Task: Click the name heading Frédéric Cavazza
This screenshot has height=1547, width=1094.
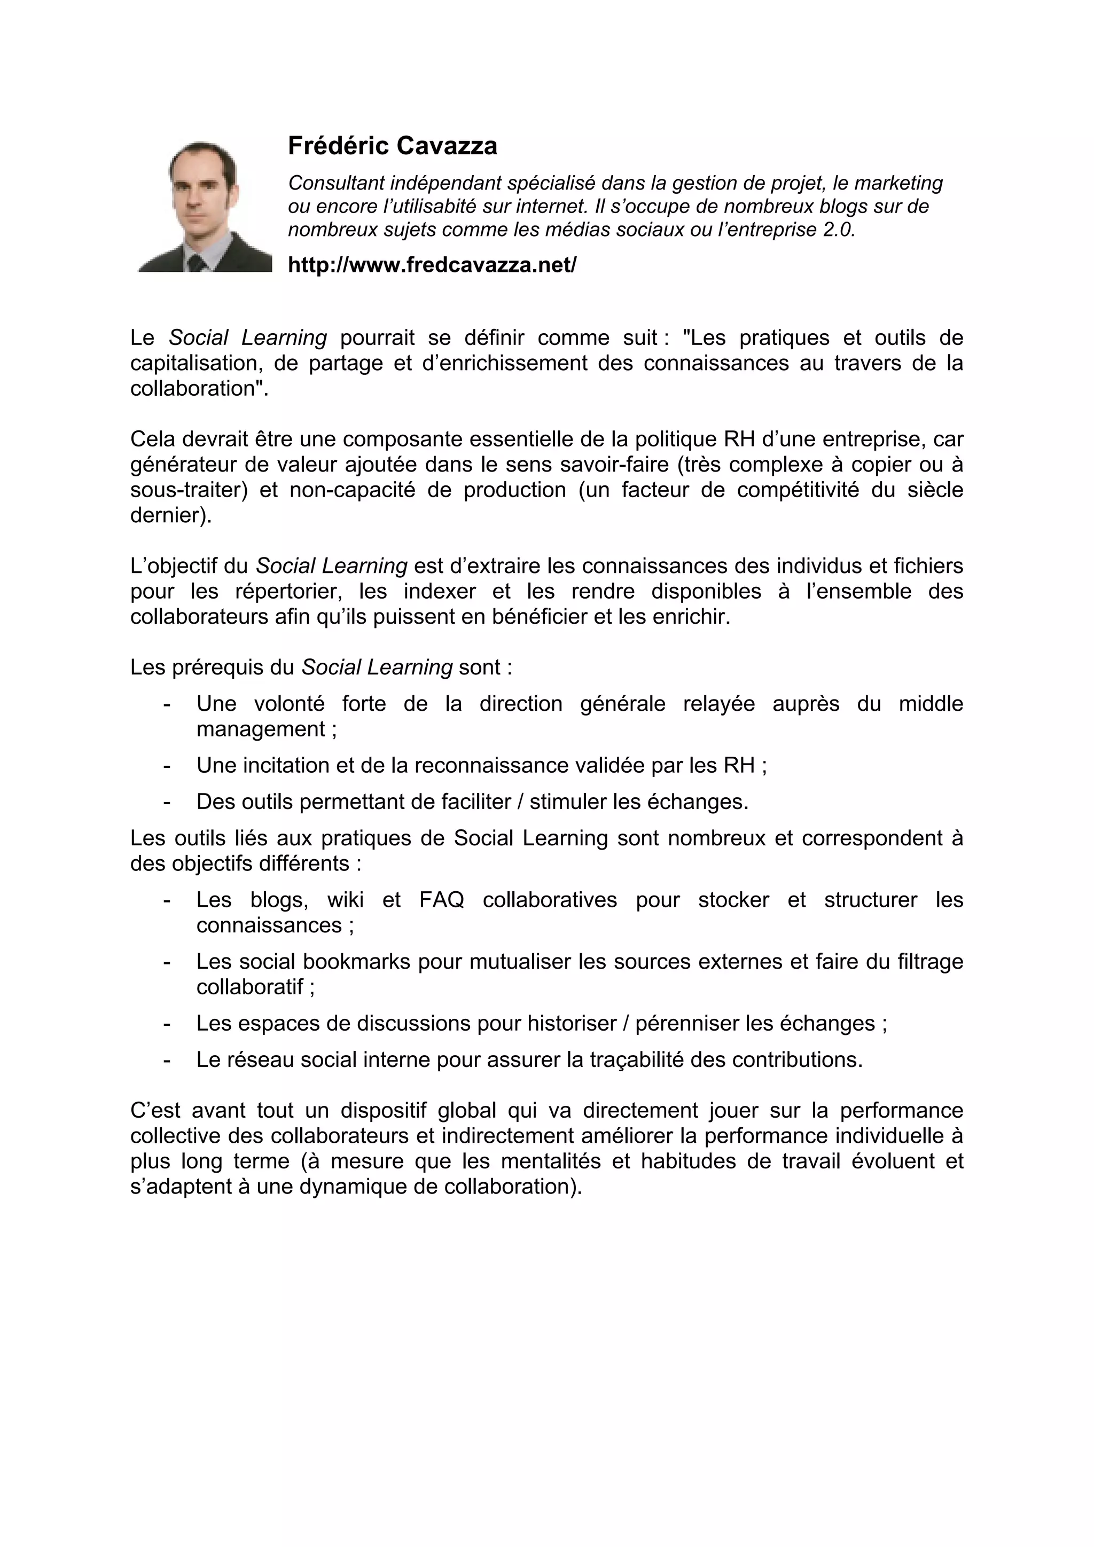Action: point(392,146)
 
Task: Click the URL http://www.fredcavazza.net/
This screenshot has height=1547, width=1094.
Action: point(432,265)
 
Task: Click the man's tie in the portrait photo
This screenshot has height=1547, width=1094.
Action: point(196,263)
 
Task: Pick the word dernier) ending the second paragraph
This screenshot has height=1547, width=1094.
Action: point(170,515)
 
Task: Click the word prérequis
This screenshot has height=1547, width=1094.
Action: point(218,667)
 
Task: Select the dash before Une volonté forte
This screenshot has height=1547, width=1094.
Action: point(167,704)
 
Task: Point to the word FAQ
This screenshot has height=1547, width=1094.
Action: point(442,900)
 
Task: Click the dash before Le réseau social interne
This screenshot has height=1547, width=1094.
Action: point(167,1061)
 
